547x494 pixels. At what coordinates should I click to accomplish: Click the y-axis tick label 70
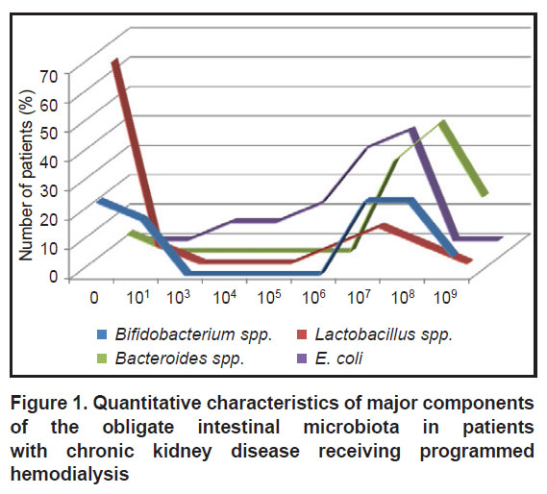point(49,76)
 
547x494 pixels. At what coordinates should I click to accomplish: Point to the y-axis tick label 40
point(49,161)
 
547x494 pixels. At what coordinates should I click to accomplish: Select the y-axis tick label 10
point(49,248)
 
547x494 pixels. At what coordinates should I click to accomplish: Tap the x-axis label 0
point(94,298)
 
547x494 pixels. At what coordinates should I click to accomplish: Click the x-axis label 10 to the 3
point(178,297)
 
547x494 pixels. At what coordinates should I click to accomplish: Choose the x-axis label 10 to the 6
point(313,297)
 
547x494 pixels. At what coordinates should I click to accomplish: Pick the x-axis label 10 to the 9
point(445,297)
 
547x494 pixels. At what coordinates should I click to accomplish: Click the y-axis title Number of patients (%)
point(27,175)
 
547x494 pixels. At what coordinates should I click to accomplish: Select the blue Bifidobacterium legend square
point(102,334)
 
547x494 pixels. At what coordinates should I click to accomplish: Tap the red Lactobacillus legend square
point(302,334)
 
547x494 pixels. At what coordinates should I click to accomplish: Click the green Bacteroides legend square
point(102,358)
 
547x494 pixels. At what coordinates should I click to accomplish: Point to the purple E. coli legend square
point(302,358)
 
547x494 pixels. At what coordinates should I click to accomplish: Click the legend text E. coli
point(339,358)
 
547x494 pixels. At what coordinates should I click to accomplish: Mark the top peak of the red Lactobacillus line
point(115,61)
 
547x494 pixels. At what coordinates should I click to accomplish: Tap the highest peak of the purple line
point(413,130)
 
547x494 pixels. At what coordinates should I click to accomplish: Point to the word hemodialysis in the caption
point(70,474)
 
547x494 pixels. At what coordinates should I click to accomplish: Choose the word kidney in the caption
point(182,451)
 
